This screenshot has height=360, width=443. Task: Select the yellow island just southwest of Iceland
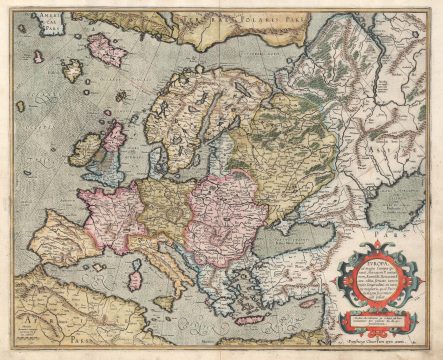tap(73, 69)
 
